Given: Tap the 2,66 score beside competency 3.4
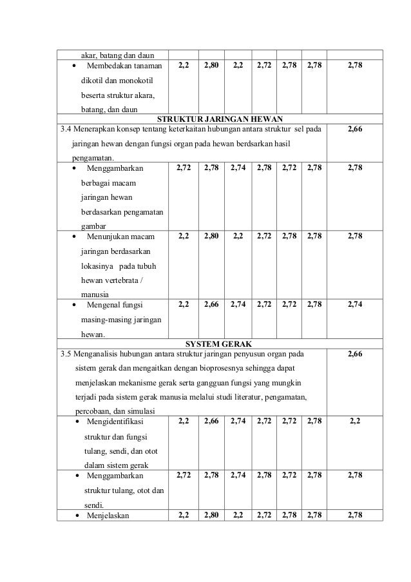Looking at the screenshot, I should point(354,130).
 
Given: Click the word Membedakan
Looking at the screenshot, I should point(108,65).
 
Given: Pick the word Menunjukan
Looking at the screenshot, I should point(108,237).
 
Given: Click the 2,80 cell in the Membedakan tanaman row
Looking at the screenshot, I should point(211,65).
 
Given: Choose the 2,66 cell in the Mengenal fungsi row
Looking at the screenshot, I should point(211,304).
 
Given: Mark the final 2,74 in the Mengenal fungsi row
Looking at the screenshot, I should point(354,304).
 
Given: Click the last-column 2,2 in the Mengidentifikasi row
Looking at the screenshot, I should point(354,422).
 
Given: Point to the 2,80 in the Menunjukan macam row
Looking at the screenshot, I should point(211,237).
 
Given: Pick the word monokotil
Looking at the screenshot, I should point(137,81).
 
